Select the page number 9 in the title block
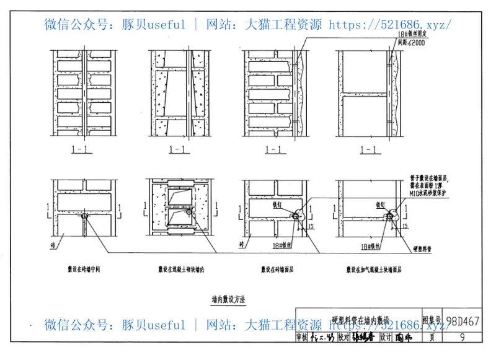click(463, 337)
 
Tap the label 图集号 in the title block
click(432, 321)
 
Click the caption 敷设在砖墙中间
click(84, 270)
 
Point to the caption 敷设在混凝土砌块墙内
click(181, 270)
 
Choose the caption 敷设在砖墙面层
click(277, 270)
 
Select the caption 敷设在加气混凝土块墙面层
click(374, 270)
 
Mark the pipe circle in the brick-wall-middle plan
click(84, 216)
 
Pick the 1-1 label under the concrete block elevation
click(179, 149)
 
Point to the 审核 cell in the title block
click(302, 338)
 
